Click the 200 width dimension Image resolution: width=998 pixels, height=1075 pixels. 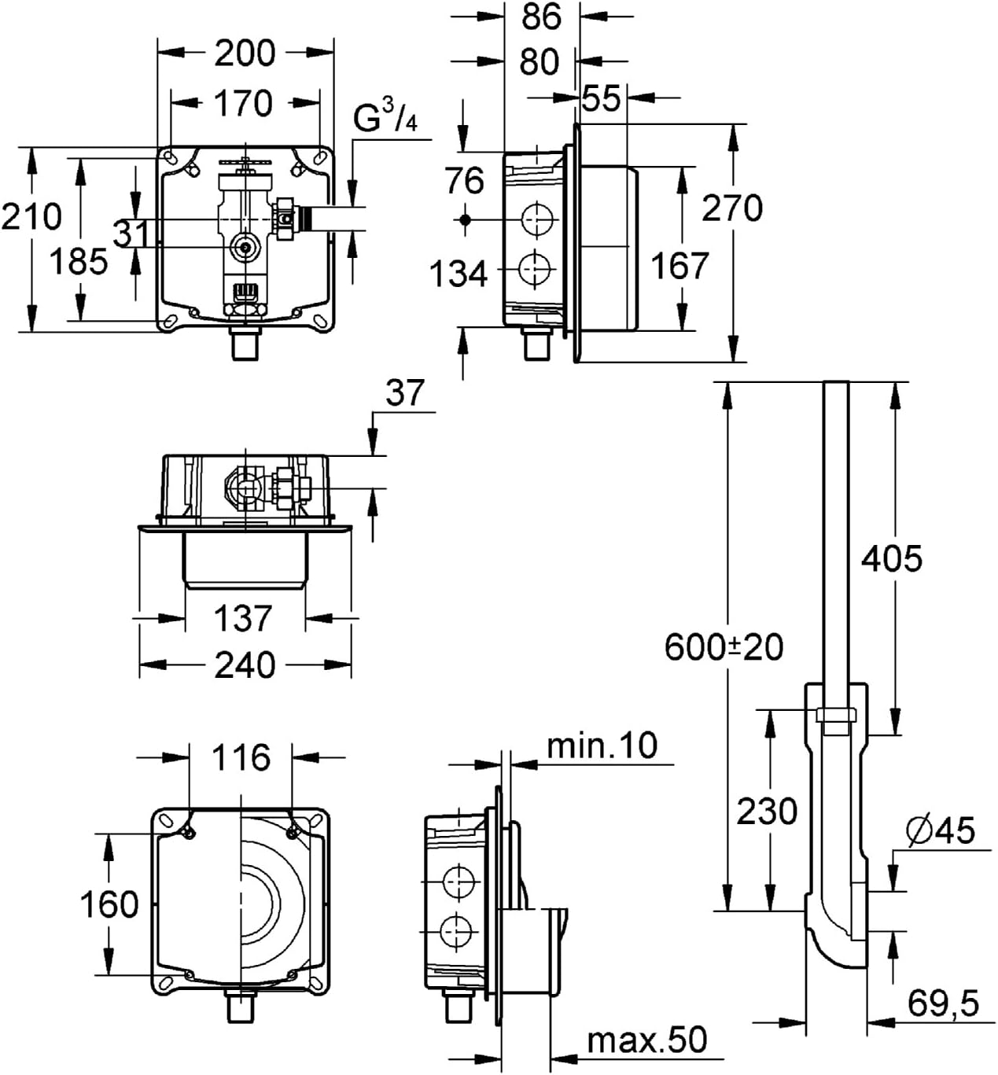tap(245, 53)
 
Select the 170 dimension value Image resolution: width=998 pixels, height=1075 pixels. tap(244, 103)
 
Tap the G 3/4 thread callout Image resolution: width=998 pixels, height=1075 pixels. tap(385, 119)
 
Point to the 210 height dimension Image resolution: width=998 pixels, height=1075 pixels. tap(31, 215)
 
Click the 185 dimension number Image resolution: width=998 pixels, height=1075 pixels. tap(79, 260)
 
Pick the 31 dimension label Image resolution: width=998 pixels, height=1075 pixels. tap(131, 234)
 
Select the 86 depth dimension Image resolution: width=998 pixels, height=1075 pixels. tap(541, 17)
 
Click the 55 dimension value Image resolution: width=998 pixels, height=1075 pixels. tap(602, 98)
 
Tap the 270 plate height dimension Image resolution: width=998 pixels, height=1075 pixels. tap(732, 208)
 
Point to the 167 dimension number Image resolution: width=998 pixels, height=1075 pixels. tap(679, 266)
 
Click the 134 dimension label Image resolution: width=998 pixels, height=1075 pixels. tap(458, 274)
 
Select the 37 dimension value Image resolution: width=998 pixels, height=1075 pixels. tap(405, 392)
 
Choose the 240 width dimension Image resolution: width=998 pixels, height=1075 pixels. tap(245, 665)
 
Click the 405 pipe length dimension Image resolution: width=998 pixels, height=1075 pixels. tap(891, 559)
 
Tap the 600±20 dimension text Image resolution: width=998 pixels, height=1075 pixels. tap(724, 647)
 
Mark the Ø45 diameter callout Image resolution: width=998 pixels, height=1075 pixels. tap(940, 830)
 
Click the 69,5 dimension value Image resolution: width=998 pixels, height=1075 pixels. tap(943, 1003)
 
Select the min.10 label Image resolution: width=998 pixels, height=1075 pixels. tap(602, 746)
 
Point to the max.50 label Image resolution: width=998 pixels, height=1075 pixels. tap(647, 1040)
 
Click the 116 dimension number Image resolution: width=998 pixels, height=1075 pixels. tap(241, 757)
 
